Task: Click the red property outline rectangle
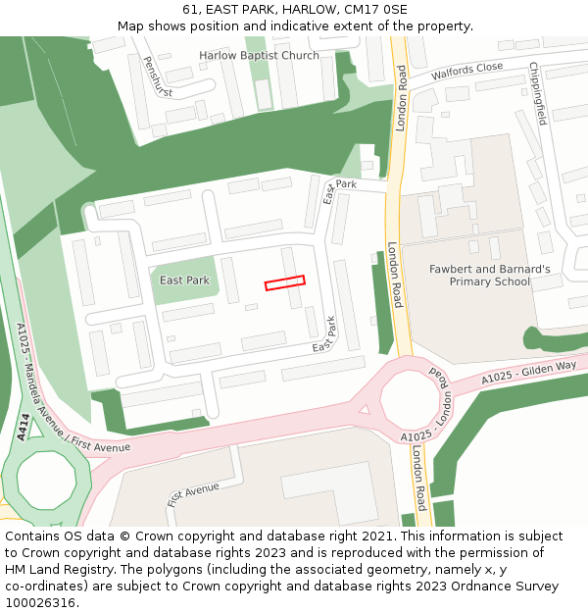point(284,282)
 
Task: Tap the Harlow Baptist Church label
point(259,55)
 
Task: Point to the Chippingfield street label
point(538,93)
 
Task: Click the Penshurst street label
point(157,77)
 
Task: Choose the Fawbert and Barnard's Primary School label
point(489,275)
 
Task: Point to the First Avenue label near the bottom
point(193,493)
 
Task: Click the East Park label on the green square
point(184,281)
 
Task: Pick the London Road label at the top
point(401,98)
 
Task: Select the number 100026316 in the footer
point(39,602)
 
